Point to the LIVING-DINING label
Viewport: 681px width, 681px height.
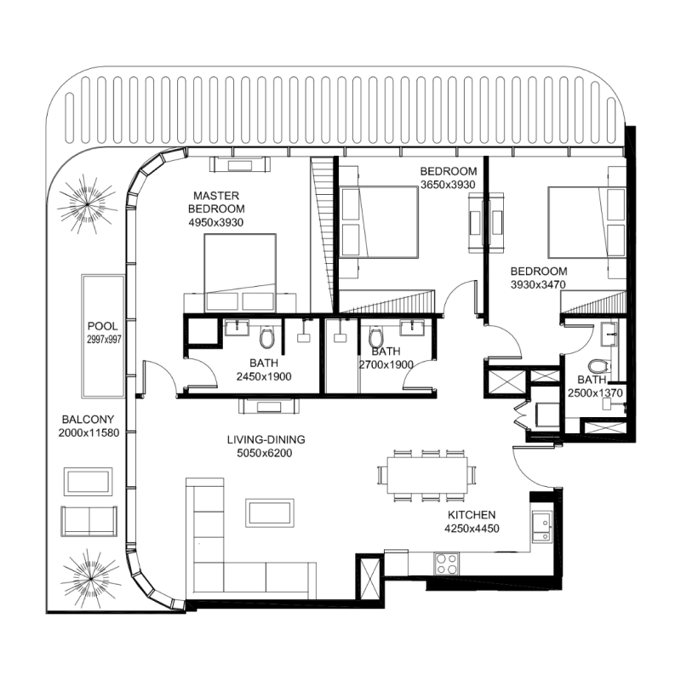266,440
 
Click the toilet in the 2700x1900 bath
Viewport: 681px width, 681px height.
375,339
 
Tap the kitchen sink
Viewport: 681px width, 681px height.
540,525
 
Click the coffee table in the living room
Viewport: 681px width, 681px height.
271,512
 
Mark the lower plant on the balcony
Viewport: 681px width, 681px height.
88,575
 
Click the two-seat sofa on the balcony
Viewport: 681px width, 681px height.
89,520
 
